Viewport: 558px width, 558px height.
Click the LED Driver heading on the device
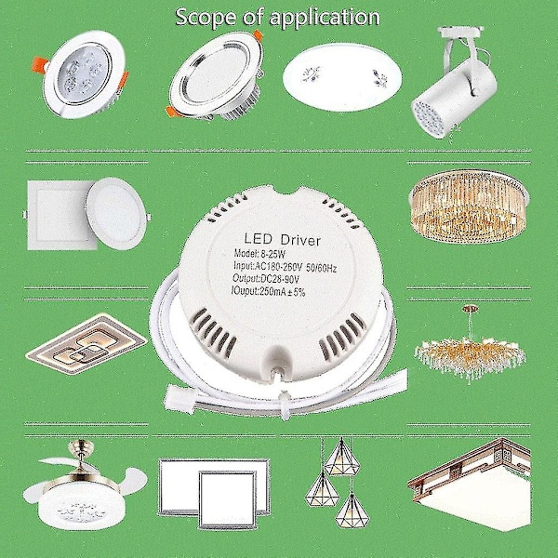[282, 239]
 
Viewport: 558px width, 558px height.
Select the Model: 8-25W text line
[259, 254]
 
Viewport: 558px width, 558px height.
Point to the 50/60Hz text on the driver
[321, 269]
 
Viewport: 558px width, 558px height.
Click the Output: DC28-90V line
[265, 278]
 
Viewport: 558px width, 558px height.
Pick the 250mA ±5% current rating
[283, 292]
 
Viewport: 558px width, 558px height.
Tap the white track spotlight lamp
[455, 82]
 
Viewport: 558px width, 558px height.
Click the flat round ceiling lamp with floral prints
[342, 77]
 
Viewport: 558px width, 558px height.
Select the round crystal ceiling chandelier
[469, 206]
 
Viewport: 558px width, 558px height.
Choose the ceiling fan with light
[85, 485]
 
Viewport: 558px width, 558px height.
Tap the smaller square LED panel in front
[227, 499]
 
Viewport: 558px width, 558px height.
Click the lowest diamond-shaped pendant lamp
[352, 511]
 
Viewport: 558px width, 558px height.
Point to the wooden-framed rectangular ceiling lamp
[470, 485]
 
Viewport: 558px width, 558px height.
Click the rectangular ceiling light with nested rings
[86, 344]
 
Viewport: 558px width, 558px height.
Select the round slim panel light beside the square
[116, 214]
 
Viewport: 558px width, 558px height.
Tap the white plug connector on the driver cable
[179, 399]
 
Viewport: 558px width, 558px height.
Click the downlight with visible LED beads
[80, 74]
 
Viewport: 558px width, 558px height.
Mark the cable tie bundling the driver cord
[285, 405]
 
